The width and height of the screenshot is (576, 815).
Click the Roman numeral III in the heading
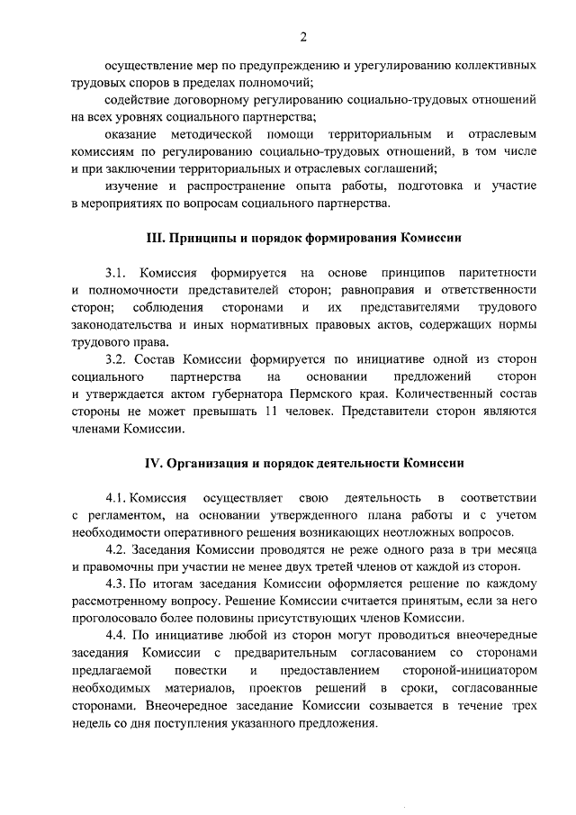point(154,239)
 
